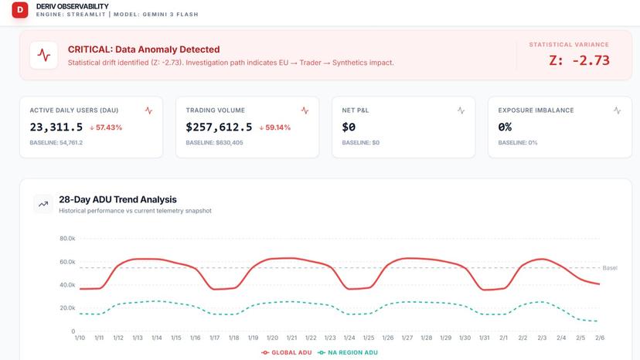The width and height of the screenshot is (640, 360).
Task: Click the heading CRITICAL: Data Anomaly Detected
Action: coord(144,49)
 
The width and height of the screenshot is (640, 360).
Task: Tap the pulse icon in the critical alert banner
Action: coord(44,56)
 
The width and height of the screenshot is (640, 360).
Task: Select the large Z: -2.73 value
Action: coord(579,60)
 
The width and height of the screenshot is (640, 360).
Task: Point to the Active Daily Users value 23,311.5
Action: coord(56,127)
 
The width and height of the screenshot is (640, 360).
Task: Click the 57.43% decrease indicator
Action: coord(106,127)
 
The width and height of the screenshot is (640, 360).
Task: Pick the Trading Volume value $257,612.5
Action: coord(219,127)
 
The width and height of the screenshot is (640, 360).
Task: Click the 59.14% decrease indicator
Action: coord(275,127)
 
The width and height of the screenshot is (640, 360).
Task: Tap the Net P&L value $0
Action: coord(349,127)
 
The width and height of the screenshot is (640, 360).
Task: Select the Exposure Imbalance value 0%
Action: coord(506,127)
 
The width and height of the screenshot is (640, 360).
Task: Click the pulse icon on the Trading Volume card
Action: coord(305,110)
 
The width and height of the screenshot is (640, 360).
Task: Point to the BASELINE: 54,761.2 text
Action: coord(56,143)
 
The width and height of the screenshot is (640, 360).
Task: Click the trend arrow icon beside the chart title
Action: coord(43,205)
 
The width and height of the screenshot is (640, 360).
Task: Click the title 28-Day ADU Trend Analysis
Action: coord(117,199)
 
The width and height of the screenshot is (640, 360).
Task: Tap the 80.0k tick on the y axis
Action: coord(67,239)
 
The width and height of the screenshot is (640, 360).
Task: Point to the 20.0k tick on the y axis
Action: coord(67,308)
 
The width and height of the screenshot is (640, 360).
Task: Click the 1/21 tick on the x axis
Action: coord(291,338)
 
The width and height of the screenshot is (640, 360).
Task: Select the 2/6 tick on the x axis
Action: coord(600,338)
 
